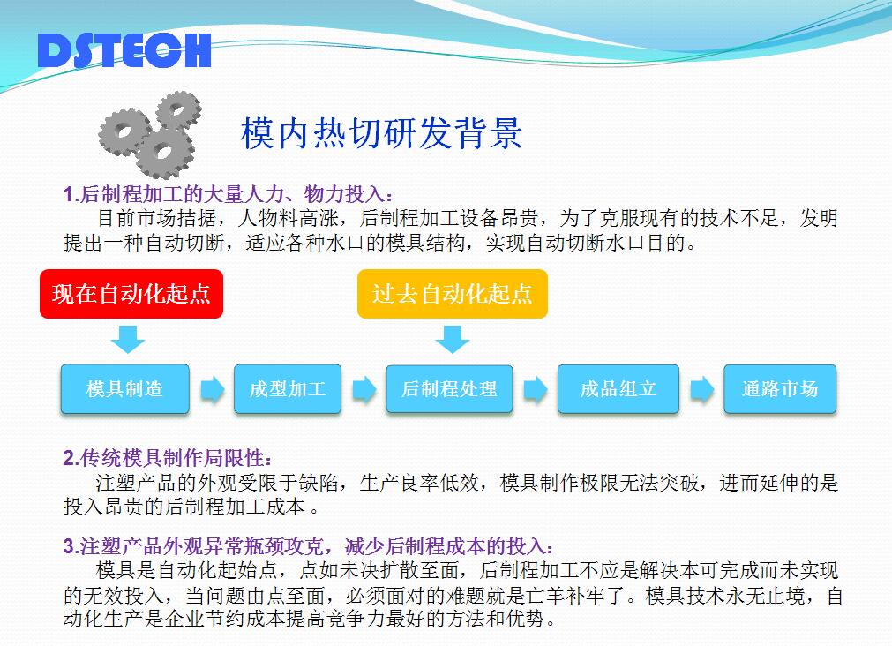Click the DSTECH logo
pos(124,50)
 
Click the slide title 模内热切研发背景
pos(381,133)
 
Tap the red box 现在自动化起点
pos(131,294)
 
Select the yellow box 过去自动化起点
pos(453,294)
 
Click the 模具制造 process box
pos(125,388)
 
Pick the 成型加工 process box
pos(288,388)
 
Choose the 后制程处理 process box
pos(449,388)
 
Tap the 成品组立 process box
pos(618,388)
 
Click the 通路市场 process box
pos(780,388)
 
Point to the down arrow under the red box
pos(128,339)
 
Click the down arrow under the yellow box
pos(453,339)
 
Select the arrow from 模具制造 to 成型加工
pos(212,390)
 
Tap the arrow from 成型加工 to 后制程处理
pos(364,390)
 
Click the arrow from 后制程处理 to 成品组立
pos(536,390)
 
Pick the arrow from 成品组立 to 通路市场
pos(702,390)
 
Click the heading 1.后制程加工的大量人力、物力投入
pos(228,194)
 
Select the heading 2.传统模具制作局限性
pos(168,458)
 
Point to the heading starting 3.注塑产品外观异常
pos(308,546)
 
